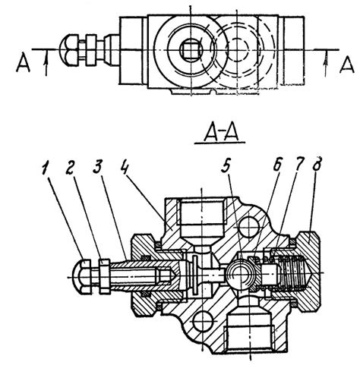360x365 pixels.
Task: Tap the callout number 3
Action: tap(97, 167)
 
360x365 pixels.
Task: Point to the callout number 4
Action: tap(125, 167)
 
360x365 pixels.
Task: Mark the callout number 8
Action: tap(317, 164)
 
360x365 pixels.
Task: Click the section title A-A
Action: tap(220, 133)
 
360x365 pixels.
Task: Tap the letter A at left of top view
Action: tap(23, 63)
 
